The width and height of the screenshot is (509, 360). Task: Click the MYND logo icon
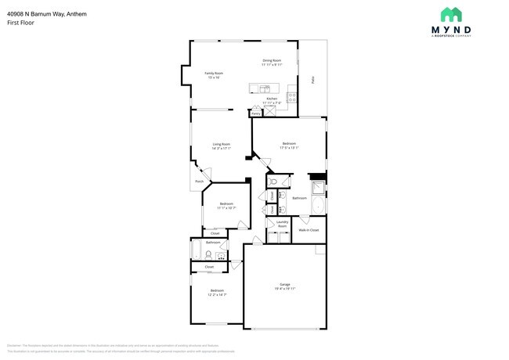click(450, 15)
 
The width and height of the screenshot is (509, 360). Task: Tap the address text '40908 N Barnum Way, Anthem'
click(47, 13)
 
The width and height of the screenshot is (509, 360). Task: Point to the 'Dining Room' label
click(272, 60)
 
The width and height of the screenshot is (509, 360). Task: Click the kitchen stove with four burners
click(292, 98)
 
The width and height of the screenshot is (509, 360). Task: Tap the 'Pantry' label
click(256, 113)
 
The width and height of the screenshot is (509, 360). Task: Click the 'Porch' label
click(199, 182)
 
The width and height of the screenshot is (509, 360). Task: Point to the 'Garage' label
click(285, 284)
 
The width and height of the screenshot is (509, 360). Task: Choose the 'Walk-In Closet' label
click(308, 230)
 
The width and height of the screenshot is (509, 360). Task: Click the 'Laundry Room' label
click(281, 224)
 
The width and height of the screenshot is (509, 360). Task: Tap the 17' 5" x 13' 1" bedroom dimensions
click(289, 147)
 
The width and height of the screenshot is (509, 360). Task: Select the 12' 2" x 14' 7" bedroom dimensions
click(217, 294)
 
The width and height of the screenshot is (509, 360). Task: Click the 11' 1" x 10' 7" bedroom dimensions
click(226, 207)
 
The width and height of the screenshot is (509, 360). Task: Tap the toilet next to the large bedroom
click(272, 182)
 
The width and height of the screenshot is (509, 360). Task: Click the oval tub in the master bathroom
click(317, 207)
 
